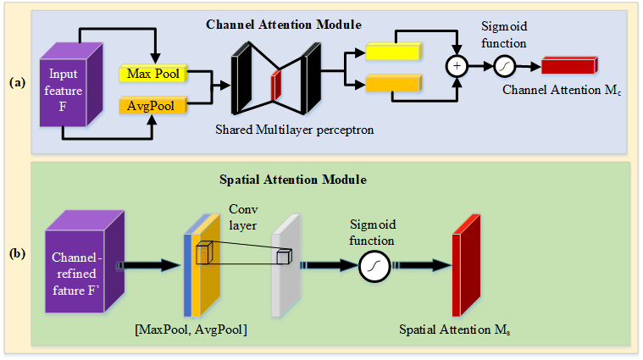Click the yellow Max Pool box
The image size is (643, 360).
[152, 75]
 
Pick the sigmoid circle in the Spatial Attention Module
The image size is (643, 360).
[374, 268]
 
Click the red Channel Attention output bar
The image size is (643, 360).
[569, 65]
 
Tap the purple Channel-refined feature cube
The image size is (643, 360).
[77, 263]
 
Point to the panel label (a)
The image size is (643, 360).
[16, 83]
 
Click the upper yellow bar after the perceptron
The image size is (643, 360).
[392, 53]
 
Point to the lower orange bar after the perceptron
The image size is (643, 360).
[392, 83]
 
